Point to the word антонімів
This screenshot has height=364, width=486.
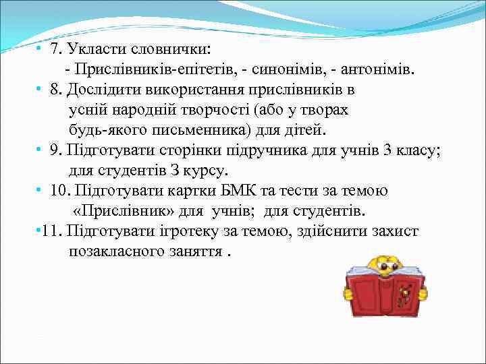tap(377, 69)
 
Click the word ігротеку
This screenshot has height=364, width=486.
tap(219, 231)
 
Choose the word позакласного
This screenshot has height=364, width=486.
tap(115, 251)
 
